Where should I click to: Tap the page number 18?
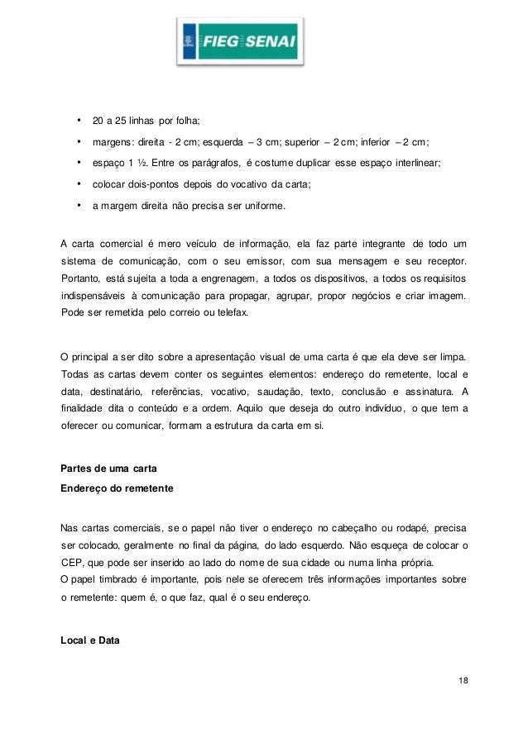tap(461, 679)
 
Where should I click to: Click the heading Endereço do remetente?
tap(117, 488)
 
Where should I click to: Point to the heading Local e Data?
tap(91, 639)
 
